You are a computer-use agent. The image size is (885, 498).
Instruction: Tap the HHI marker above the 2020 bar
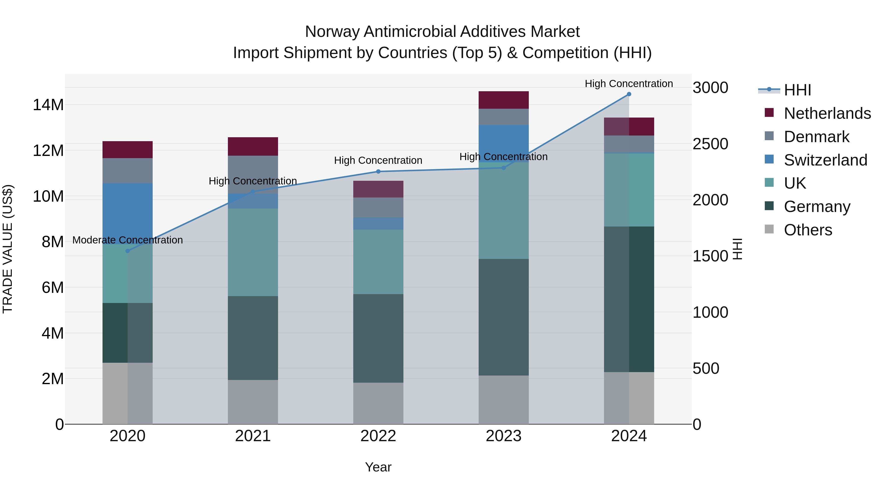tap(127, 251)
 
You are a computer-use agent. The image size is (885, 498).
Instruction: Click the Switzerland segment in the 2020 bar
tap(127, 213)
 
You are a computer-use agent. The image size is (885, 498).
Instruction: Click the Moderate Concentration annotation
tap(127, 240)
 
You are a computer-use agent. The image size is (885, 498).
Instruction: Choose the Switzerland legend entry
tap(825, 160)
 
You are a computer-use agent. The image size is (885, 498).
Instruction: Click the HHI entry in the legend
tap(797, 90)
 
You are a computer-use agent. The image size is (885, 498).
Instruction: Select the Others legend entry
tap(808, 230)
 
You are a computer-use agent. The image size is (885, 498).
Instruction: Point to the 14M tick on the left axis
tap(48, 105)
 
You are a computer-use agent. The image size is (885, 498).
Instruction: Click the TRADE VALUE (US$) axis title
tap(8, 249)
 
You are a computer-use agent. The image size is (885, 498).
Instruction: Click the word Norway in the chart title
tap(333, 32)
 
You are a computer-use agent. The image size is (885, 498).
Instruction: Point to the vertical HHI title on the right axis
tap(737, 249)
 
